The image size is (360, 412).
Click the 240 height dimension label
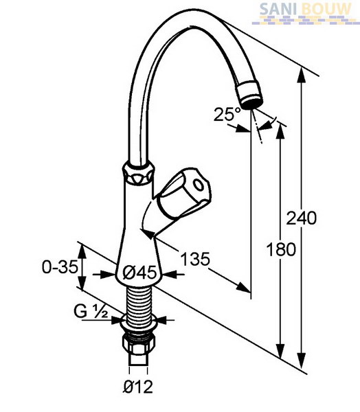[302, 218]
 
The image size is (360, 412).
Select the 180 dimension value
[281, 249]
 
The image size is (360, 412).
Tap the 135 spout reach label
[195, 259]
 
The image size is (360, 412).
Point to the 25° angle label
[227, 114]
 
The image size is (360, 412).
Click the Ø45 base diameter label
[139, 273]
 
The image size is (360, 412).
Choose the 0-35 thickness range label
[60, 267]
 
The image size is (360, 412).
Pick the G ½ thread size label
[91, 312]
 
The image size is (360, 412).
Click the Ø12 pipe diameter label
[138, 387]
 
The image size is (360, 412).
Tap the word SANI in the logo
[279, 9]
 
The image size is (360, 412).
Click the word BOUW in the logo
[326, 9]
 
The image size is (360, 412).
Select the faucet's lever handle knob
[184, 193]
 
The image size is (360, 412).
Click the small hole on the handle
[198, 184]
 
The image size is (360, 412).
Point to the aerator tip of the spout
[249, 95]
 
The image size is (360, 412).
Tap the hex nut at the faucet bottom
[138, 345]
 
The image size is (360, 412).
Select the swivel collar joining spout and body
[137, 174]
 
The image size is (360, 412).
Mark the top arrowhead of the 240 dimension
[302, 76]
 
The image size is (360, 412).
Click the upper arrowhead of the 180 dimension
[280, 131]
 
